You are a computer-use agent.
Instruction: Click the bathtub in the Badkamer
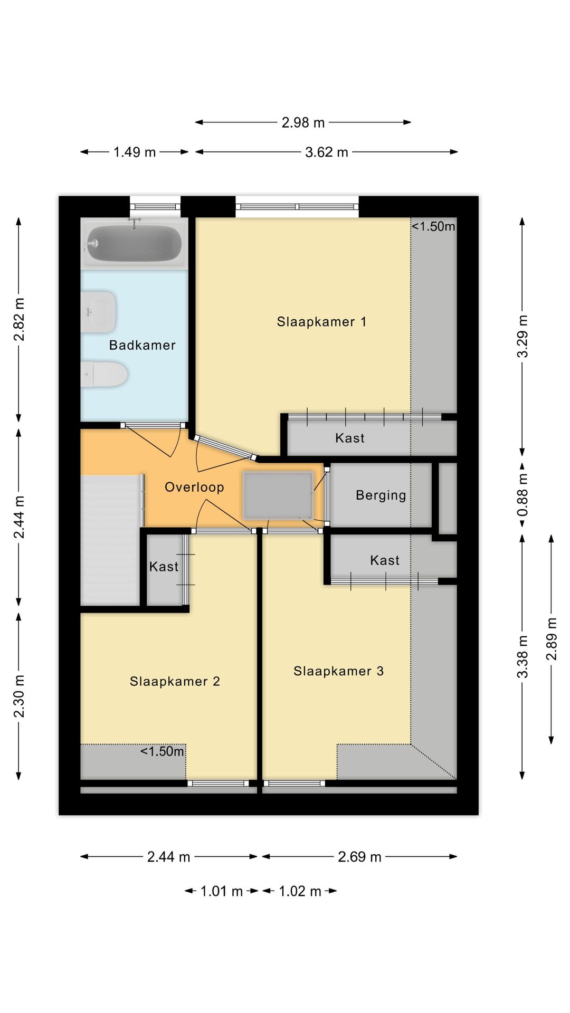click(x=134, y=243)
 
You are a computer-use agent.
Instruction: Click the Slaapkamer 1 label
click(x=321, y=322)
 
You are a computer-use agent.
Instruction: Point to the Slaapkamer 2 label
click(x=175, y=681)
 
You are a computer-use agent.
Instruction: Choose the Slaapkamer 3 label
click(x=338, y=671)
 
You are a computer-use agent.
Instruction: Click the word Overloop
click(x=194, y=487)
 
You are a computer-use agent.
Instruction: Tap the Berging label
click(x=381, y=495)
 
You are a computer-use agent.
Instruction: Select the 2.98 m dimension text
click(x=303, y=122)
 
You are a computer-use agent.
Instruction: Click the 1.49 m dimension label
click(x=135, y=152)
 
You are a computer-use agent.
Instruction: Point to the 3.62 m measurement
click(x=326, y=152)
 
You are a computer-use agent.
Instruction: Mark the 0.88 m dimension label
click(x=522, y=494)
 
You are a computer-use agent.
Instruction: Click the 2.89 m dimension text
click(x=552, y=638)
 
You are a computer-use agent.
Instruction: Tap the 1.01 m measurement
click(x=221, y=891)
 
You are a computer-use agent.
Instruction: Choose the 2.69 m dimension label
click(x=359, y=857)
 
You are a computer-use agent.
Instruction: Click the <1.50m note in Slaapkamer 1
click(x=433, y=226)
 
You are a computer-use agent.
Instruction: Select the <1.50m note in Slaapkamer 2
click(x=162, y=751)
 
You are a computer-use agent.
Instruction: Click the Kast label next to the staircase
click(x=164, y=567)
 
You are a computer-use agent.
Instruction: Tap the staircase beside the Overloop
click(x=109, y=538)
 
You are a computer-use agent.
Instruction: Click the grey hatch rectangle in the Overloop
click(x=278, y=495)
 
